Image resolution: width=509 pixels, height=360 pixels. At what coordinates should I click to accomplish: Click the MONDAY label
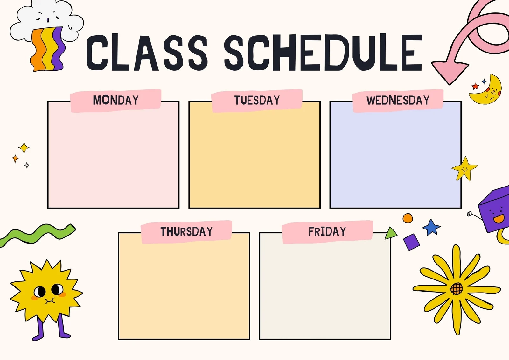click(116, 100)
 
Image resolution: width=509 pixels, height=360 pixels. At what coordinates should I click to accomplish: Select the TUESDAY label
click(257, 100)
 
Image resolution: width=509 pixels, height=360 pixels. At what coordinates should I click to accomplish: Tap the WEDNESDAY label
click(398, 100)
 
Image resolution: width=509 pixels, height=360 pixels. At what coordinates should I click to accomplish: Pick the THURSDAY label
click(186, 231)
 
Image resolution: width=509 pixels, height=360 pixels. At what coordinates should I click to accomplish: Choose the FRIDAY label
click(327, 231)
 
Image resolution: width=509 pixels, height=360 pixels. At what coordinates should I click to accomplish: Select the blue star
click(431, 227)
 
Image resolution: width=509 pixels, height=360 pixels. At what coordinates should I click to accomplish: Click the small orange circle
click(408, 218)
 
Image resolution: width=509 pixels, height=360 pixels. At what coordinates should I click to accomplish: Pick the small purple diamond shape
click(412, 242)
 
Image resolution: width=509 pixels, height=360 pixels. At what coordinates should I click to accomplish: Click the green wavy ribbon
click(38, 234)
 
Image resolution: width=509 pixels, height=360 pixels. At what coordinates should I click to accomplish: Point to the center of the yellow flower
click(457, 289)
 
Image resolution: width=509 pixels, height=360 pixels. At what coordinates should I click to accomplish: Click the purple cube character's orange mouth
click(499, 219)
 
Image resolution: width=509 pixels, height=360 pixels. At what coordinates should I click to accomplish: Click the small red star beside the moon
click(475, 86)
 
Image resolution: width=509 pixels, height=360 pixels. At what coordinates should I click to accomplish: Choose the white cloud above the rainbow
click(48, 18)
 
